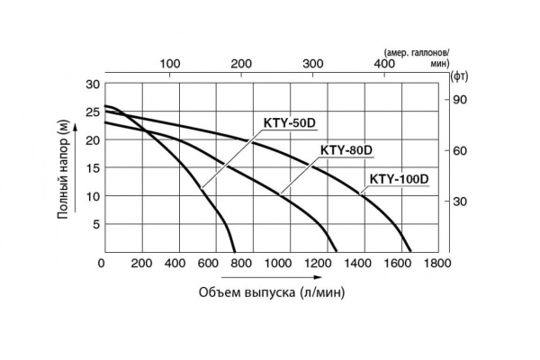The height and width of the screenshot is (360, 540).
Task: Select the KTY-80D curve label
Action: click(346, 149)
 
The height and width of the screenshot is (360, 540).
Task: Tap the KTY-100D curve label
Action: click(398, 178)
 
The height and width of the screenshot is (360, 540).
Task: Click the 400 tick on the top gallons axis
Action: click(383, 64)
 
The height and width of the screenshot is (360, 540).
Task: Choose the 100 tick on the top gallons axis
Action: click(170, 64)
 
